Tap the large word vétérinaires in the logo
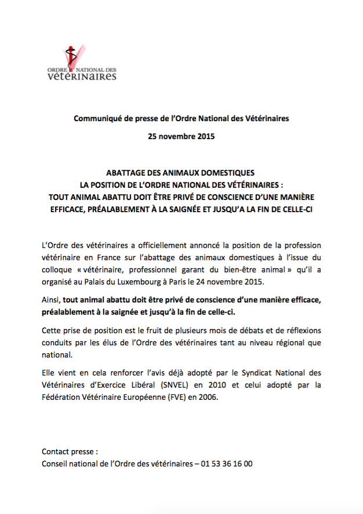[x=82, y=76]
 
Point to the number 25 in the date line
[x=154, y=137]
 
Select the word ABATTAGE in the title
[x=129, y=173]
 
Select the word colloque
[x=58, y=270]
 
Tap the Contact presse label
[x=70, y=451]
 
